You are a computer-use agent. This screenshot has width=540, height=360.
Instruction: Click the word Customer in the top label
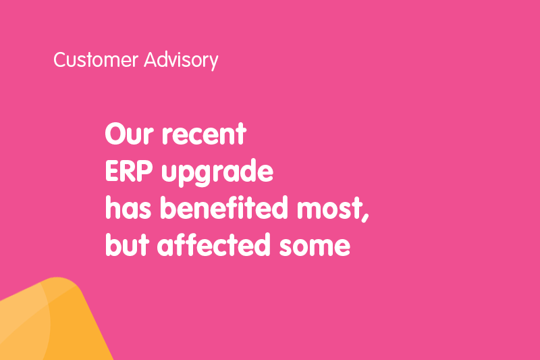tap(96, 59)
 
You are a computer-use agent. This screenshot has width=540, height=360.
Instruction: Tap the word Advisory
tap(181, 61)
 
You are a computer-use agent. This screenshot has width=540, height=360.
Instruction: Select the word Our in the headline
tap(129, 134)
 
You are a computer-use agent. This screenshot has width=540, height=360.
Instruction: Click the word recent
tap(205, 134)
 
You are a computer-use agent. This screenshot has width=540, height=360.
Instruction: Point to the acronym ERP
tap(129, 171)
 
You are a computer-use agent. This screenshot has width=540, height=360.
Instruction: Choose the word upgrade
tap(217, 173)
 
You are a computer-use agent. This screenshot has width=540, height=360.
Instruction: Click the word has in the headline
tap(128, 207)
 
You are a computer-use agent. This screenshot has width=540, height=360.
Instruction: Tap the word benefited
tap(224, 207)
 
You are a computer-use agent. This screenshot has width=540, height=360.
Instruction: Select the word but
tap(127, 245)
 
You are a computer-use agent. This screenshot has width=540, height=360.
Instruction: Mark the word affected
tap(213, 245)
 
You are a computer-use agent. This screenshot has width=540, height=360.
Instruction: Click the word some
tap(315, 247)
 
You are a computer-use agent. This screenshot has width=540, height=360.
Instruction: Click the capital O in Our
tap(116, 134)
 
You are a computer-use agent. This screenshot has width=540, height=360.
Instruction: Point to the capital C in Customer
tap(60, 60)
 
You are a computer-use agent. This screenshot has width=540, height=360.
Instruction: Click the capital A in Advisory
tap(151, 59)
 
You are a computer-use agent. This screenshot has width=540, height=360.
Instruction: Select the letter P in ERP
tap(144, 171)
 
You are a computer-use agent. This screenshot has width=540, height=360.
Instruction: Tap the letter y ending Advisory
tap(214, 62)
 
